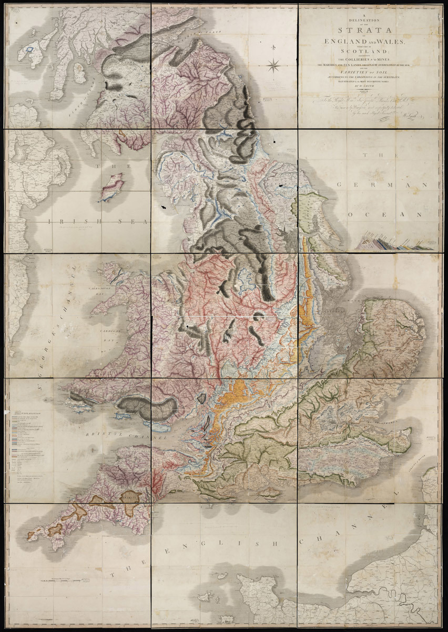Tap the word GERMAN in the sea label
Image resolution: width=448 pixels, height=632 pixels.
(x=385, y=185)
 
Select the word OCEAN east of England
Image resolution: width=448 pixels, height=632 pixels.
(x=384, y=215)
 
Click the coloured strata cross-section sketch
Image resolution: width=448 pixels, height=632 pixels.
(x=395, y=244)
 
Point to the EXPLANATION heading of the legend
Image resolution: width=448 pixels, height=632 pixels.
(x=29, y=412)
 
